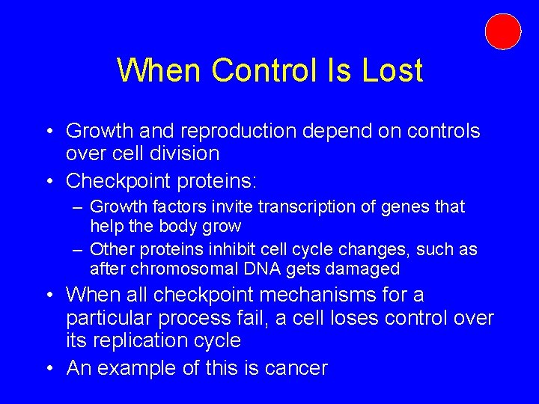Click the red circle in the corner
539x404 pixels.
tap(502, 31)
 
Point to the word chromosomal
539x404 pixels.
tap(176, 269)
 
